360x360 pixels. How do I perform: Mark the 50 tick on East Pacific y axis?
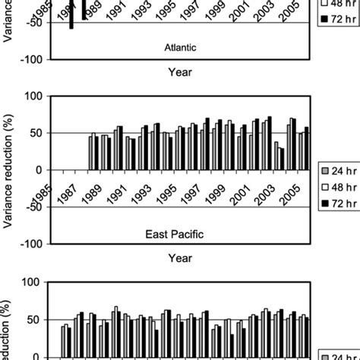[37, 133]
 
